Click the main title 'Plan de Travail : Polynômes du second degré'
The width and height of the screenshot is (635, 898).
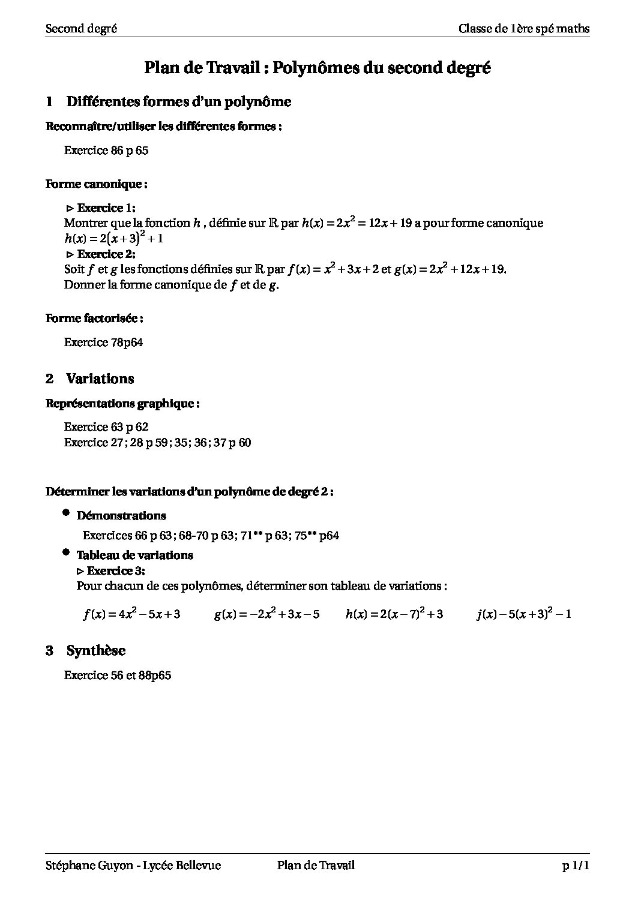[317, 68]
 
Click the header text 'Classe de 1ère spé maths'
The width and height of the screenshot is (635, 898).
[523, 29]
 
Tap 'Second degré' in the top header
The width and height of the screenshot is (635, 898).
[81, 29]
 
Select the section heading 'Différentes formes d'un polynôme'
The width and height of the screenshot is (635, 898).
[178, 102]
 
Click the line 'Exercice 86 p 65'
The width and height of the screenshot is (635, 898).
[106, 151]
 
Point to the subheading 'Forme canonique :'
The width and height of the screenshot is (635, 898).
[97, 184]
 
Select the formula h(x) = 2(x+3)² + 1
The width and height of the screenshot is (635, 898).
[114, 238]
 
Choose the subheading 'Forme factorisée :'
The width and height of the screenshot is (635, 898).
[94, 319]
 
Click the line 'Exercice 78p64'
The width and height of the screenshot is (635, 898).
[103, 343]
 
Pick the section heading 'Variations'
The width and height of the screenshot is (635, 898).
[100, 379]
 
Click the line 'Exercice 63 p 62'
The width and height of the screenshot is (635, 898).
[106, 427]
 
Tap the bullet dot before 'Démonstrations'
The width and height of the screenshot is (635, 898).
[65, 513]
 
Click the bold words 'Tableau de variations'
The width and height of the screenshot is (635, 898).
[134, 555]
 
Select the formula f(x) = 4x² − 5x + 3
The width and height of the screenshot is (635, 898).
[131, 614]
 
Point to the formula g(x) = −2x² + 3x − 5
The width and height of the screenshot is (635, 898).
[266, 614]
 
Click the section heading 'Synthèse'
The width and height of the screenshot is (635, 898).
[95, 651]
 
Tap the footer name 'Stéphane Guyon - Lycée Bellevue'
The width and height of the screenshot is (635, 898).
[133, 865]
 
